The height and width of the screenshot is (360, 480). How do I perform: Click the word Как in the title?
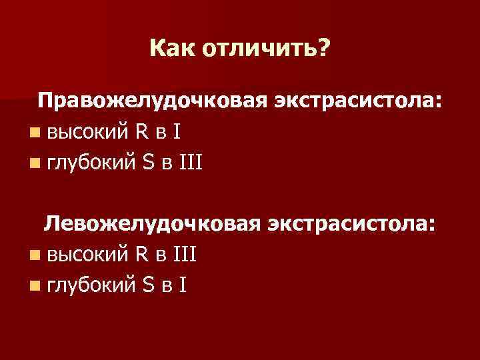click(171, 48)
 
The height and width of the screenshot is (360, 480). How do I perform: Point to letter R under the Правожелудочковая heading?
click(141, 131)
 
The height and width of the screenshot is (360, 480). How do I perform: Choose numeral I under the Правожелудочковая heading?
click(175, 131)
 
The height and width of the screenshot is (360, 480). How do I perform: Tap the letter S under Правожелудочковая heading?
click(148, 162)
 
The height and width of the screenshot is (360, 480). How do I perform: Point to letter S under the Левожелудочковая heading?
click(148, 285)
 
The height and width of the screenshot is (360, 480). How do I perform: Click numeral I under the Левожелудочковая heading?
click(181, 285)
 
